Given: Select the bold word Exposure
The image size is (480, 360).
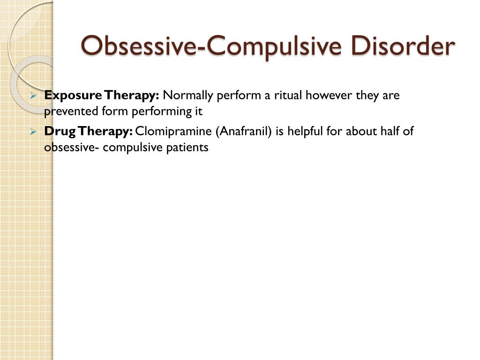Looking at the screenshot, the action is (73, 96).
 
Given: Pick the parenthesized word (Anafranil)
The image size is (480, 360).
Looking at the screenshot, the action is (244, 132).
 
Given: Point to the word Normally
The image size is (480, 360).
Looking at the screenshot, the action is (188, 96).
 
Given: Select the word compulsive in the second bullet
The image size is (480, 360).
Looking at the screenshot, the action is (133, 148).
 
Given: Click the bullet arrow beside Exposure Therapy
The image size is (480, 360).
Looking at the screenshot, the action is (33, 96).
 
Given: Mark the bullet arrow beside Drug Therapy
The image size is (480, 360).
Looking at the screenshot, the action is (33, 132).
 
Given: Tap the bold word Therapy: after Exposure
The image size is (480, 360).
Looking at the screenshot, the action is (131, 96).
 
